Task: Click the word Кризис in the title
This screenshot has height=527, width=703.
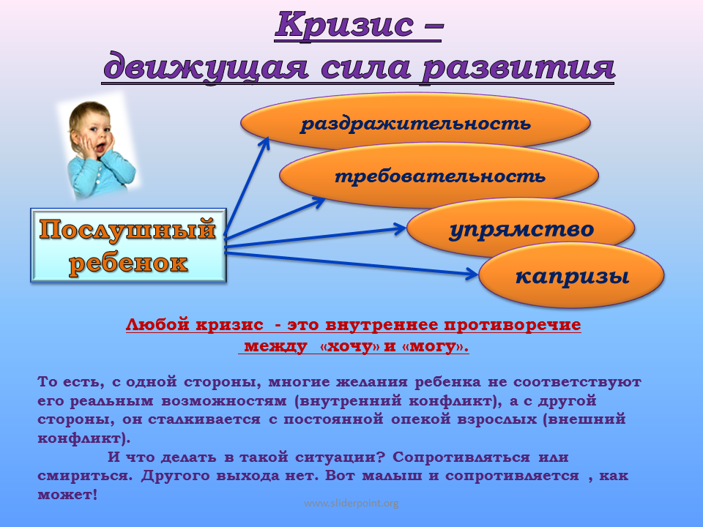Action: pos(344,25)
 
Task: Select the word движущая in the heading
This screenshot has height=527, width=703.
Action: pos(206,67)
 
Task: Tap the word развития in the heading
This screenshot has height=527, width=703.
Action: pos(518,67)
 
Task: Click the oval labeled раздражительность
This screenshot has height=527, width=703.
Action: pos(415,122)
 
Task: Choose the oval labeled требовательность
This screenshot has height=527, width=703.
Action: pos(439,175)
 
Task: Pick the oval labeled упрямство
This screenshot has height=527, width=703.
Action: pos(521,228)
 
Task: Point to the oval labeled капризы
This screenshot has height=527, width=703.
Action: pos(571,275)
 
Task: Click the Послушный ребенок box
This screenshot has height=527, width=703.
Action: pos(128,245)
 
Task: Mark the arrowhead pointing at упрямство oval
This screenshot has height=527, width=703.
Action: pos(399,228)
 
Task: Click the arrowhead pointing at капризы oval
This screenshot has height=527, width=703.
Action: pos(472,273)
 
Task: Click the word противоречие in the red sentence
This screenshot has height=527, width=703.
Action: pos(513,325)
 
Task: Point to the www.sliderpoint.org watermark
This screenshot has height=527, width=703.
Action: pos(351,503)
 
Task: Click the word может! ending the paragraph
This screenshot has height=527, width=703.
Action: pos(67,494)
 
